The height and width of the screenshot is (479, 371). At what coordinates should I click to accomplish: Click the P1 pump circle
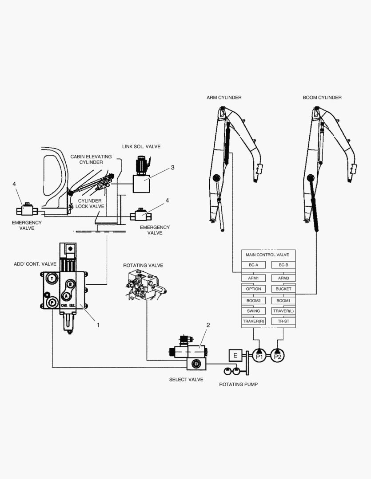[259, 355]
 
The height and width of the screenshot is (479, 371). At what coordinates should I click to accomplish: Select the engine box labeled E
[235, 355]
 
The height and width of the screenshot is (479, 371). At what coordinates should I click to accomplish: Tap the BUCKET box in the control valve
[283, 289]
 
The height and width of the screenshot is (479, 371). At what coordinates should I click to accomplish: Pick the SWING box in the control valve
[253, 310]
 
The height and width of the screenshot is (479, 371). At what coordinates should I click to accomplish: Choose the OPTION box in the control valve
[253, 289]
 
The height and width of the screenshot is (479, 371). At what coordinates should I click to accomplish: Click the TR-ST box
[283, 321]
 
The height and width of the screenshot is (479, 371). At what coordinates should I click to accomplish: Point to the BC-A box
[253, 265]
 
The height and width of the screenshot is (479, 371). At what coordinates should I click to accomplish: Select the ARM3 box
[283, 278]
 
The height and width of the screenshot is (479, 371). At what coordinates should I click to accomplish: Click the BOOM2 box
[253, 300]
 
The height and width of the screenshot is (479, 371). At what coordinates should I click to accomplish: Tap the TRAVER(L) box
[283, 310]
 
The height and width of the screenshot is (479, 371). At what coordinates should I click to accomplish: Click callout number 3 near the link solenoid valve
[172, 168]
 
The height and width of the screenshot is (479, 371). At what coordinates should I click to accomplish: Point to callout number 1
[98, 325]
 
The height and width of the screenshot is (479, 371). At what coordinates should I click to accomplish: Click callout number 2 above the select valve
[207, 325]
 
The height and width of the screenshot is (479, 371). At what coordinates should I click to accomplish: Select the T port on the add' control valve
[52, 278]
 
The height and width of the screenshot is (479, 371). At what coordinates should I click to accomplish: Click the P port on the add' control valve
[52, 303]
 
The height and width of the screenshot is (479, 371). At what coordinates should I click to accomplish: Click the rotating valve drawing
[145, 286]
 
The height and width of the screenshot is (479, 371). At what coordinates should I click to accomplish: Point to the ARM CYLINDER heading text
[224, 98]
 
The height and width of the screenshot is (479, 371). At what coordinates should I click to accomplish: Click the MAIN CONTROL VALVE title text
[267, 255]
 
